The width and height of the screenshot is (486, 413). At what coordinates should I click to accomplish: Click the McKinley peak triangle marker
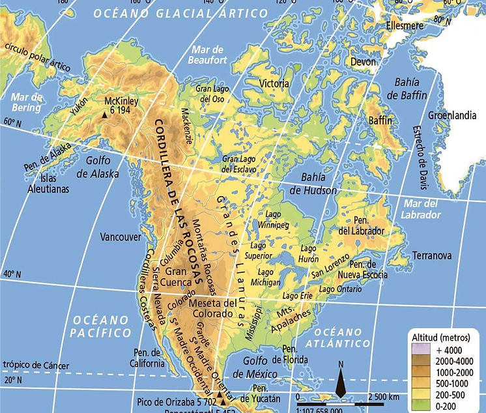[x=104, y=115]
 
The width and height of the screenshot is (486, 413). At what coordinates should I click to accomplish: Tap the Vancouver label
[x=121, y=237]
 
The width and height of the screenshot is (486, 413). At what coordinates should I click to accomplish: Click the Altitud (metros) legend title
[x=442, y=337]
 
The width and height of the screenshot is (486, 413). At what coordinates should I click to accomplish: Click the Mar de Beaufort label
[x=209, y=55]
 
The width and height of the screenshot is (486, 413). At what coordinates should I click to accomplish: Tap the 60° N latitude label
[x=12, y=122]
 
